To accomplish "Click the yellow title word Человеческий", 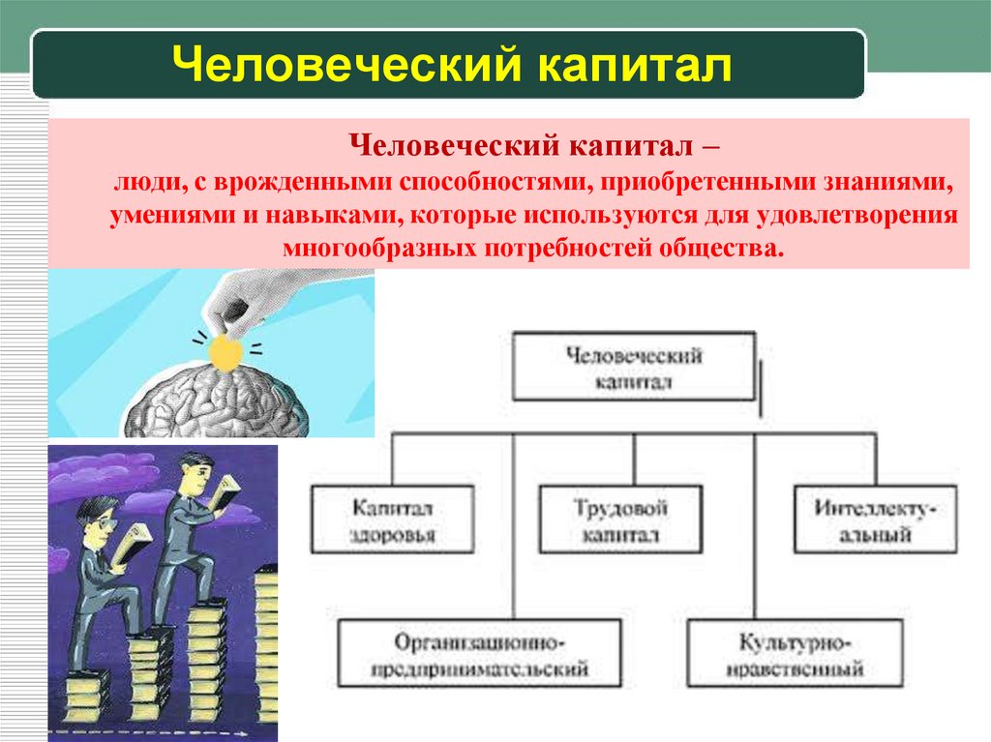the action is coord(346,64).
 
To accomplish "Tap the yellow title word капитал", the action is coord(635,65).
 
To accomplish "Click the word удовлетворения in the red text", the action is coord(856,215).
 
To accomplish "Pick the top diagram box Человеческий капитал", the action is coord(634,367).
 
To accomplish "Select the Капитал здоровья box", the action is coord(393,519).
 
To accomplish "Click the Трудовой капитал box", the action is coord(620,519).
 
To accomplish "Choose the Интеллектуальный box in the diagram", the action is coord(875,519).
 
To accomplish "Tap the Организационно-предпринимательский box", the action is coord(480,654).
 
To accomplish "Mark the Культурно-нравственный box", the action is coord(796,654).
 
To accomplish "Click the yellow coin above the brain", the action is coord(225,352).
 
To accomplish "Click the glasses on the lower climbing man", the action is coord(105,523).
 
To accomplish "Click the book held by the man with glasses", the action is coord(133,544).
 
